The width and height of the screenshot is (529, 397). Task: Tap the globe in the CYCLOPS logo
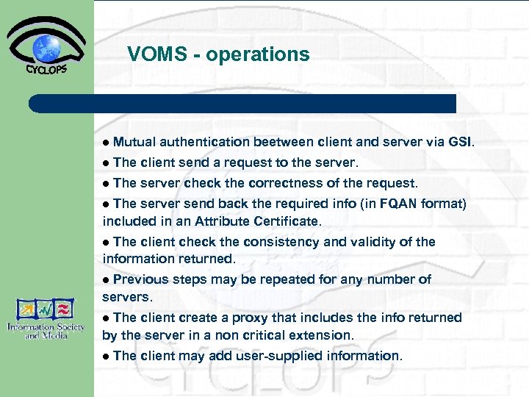[47, 47]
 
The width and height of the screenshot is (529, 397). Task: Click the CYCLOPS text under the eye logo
[46, 70]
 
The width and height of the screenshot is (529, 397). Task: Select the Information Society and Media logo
[46, 318]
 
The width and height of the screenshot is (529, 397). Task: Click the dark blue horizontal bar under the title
[242, 103]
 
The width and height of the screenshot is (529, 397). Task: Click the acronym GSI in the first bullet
[461, 142]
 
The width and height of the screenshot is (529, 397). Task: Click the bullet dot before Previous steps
[107, 280]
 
